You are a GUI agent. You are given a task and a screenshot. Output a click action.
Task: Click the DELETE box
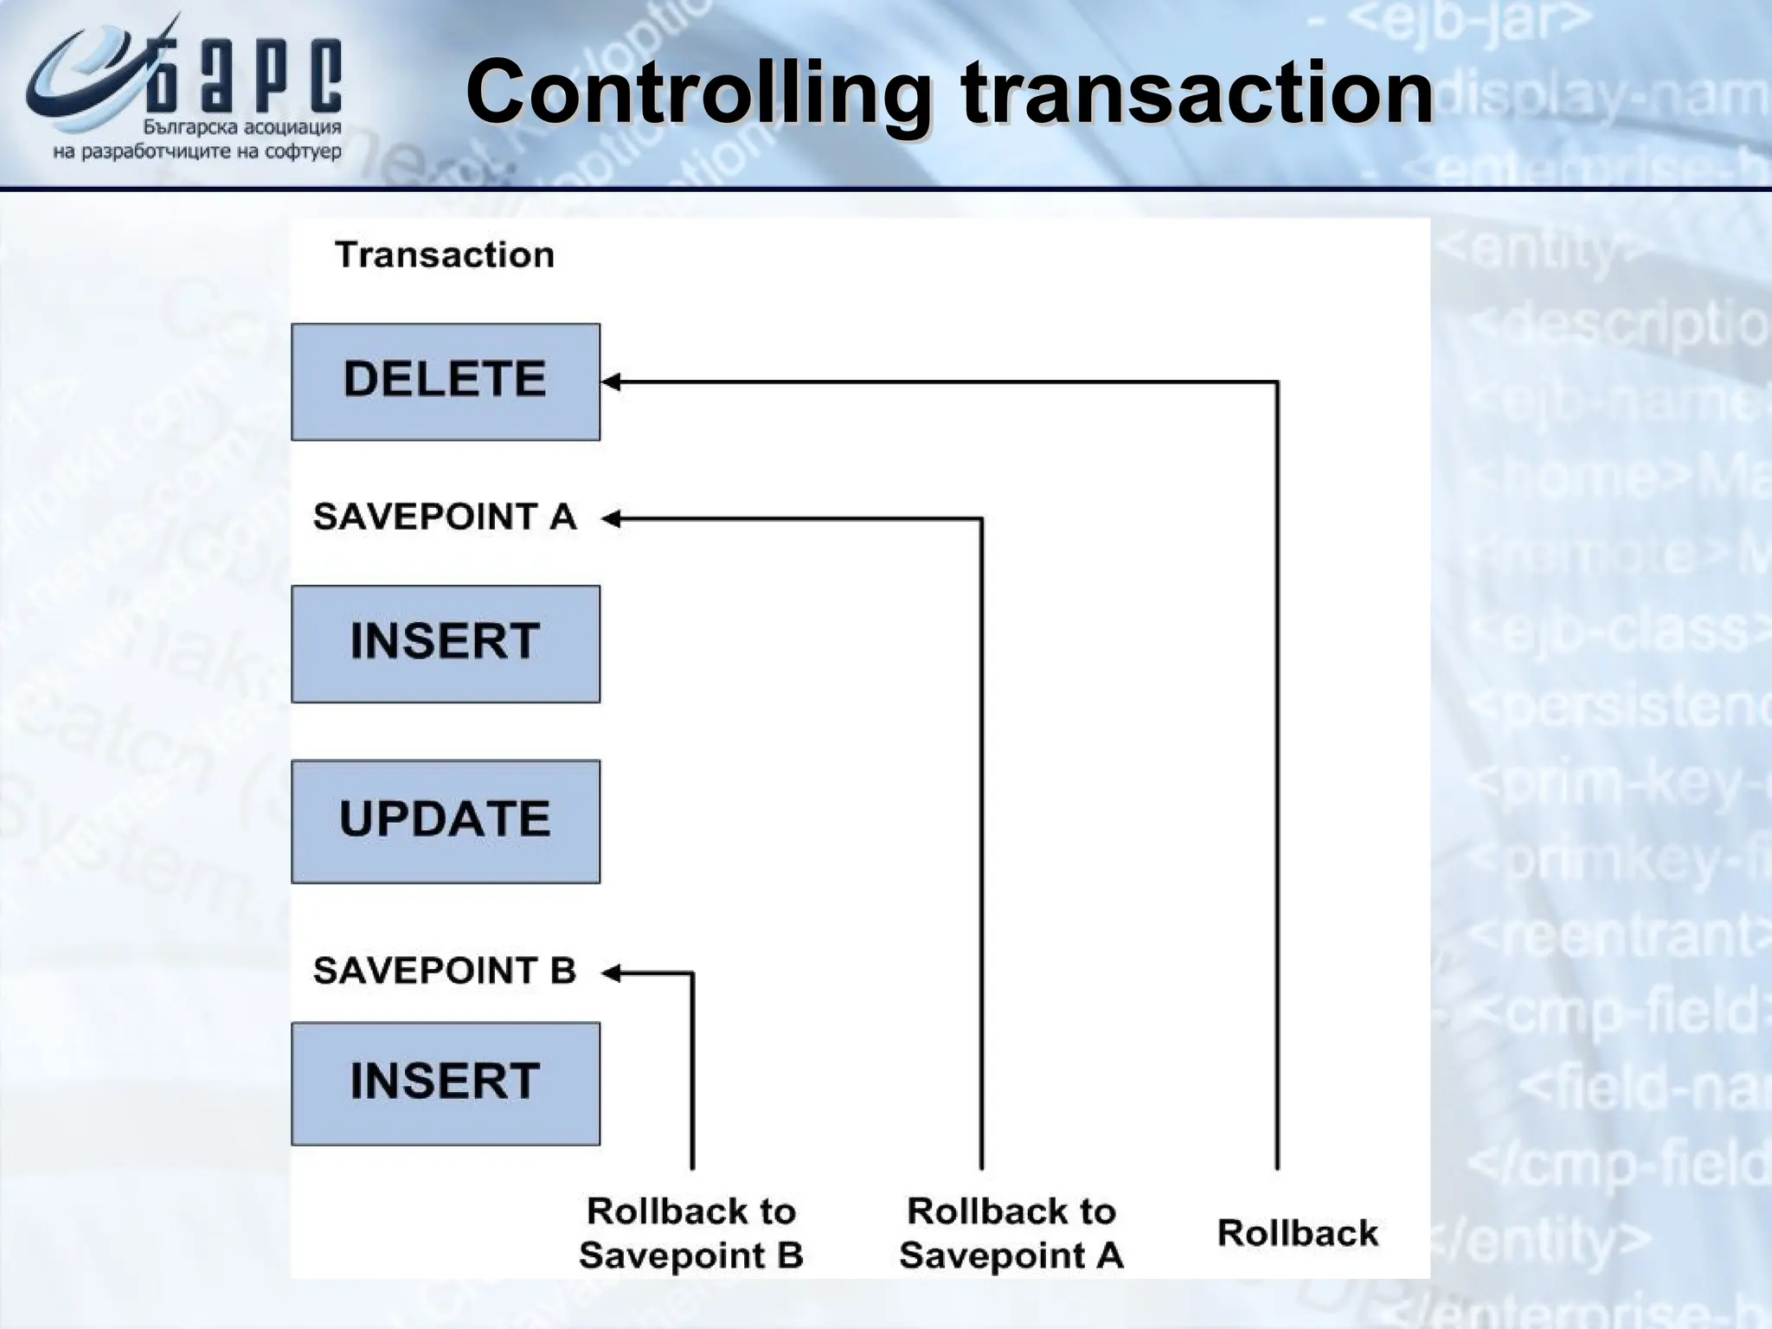445,382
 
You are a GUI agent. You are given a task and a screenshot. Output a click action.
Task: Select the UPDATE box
445,821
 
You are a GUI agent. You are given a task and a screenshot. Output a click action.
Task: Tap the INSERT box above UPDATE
445,644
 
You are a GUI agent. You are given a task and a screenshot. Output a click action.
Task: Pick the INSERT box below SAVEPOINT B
445,1083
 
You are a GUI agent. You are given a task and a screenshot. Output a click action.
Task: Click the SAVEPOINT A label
445,517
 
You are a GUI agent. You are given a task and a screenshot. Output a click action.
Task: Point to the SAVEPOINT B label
445,971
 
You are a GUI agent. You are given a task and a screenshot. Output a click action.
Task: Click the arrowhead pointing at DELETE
611,382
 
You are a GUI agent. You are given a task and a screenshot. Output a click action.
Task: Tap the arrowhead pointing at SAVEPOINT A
611,519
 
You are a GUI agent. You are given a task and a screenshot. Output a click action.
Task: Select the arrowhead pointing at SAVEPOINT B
611,973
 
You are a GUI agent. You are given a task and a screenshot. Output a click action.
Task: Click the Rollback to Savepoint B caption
690,1233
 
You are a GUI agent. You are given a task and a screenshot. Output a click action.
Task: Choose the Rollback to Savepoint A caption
1011,1233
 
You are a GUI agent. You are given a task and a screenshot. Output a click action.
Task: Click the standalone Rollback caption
1297,1233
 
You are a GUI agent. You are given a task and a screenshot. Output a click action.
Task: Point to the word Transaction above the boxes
445,254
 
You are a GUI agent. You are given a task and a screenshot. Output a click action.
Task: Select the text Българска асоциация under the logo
242,128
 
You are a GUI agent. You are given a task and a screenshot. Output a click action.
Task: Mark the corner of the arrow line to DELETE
1277,382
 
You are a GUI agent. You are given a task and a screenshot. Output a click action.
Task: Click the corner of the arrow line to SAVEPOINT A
981,519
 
